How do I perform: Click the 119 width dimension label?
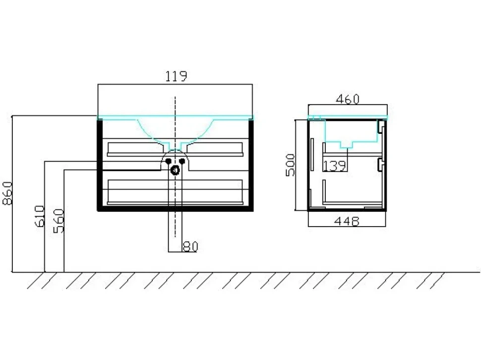point(176,76)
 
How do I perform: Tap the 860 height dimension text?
point(7,193)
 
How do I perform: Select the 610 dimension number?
point(40,216)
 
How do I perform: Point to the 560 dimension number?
point(59,221)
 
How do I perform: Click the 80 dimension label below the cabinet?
point(190,246)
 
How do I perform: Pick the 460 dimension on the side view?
point(348,99)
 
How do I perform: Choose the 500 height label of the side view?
point(290,165)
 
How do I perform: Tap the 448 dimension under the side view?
point(347,221)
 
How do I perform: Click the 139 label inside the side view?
point(335,166)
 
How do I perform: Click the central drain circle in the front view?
point(175,170)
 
